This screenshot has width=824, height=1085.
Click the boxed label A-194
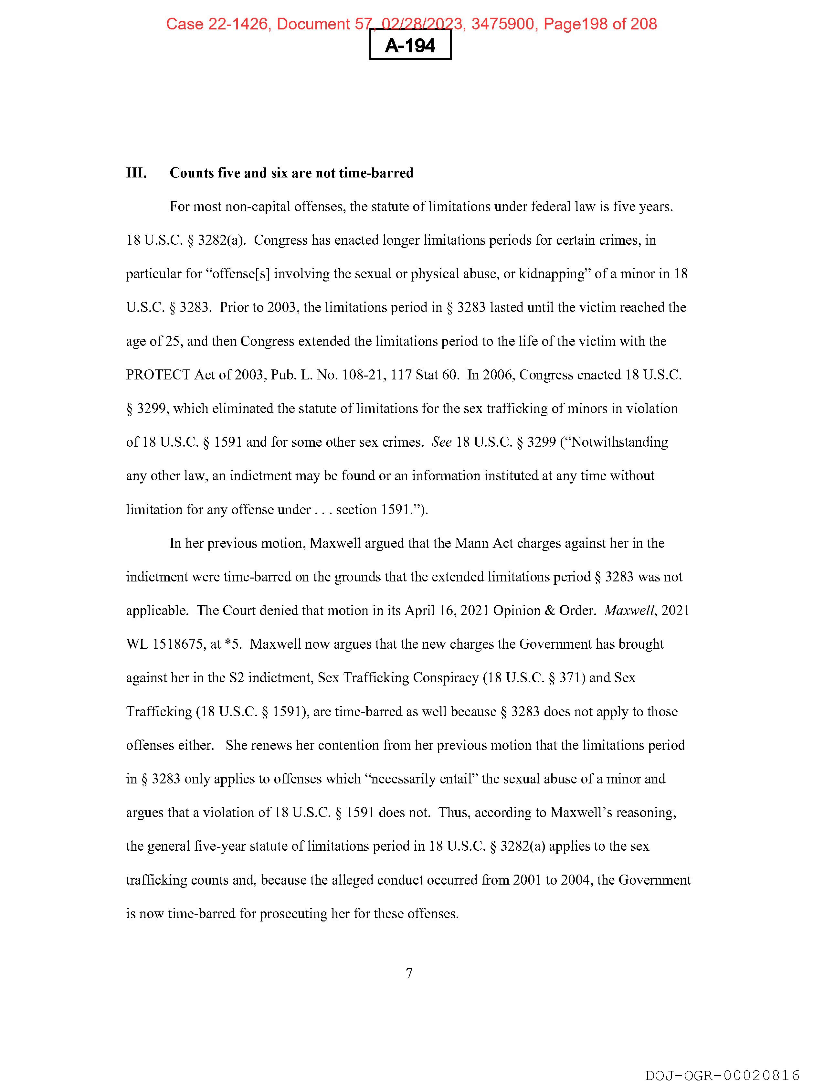click(410, 46)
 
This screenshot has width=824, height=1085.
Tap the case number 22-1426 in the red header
click(238, 24)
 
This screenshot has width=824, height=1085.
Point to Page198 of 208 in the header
click(600, 24)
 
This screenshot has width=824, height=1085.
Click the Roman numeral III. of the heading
click(136, 173)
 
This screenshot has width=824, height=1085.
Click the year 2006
click(499, 375)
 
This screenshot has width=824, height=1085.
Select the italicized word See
click(441, 442)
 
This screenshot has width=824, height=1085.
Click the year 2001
click(527, 880)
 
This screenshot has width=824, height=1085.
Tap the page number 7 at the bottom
click(409, 973)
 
